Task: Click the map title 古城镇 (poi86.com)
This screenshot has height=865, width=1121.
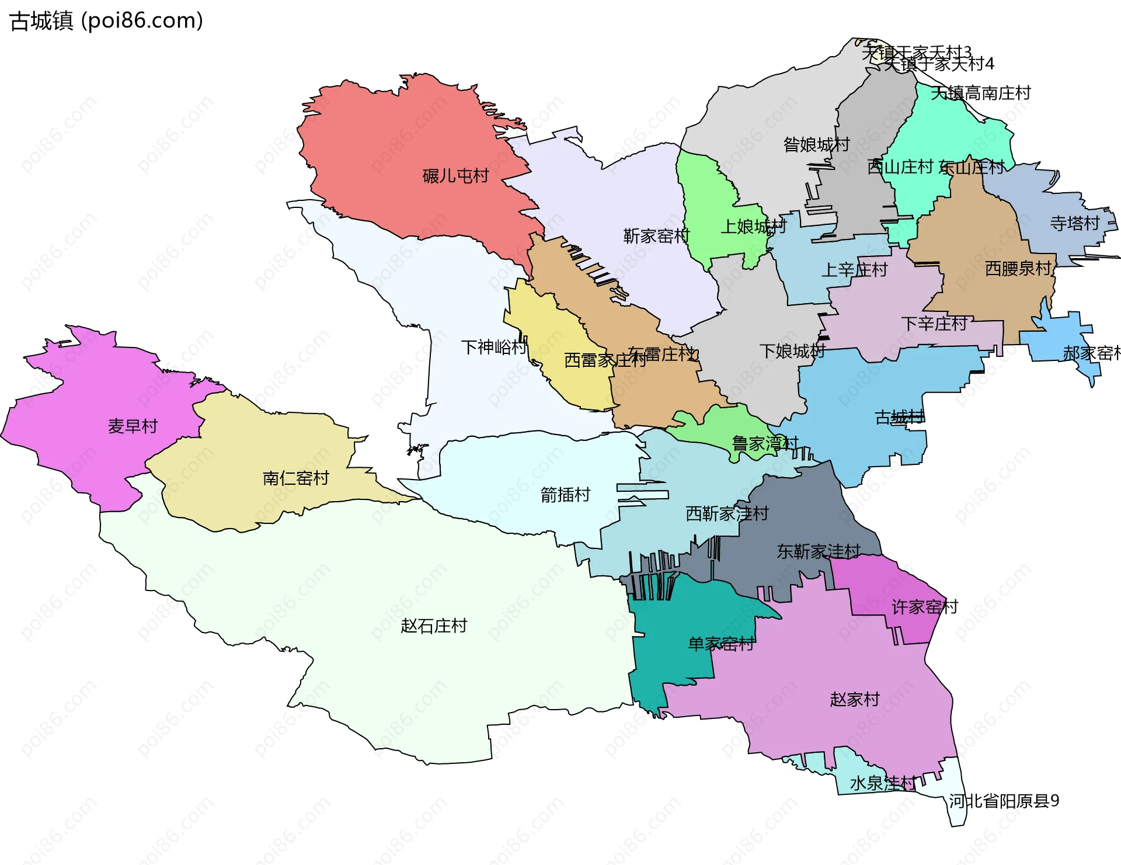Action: click(x=106, y=21)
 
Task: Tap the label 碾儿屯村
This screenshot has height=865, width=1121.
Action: click(x=455, y=176)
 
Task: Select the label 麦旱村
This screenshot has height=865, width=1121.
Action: click(x=133, y=426)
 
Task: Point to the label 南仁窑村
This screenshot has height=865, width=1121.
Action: click(x=295, y=478)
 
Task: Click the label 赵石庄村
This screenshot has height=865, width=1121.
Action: click(x=434, y=626)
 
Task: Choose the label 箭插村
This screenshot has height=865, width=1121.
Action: click(x=565, y=495)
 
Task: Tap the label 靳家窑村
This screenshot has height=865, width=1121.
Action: click(x=656, y=236)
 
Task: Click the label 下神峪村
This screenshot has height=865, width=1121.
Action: click(x=494, y=348)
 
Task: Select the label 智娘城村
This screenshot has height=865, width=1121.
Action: click(x=816, y=144)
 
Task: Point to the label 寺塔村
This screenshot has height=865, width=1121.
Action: click(x=1074, y=223)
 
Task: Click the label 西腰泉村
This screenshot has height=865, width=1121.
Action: click(x=1018, y=269)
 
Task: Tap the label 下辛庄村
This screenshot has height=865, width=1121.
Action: click(x=934, y=324)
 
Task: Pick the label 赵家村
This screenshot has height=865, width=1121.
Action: click(x=855, y=699)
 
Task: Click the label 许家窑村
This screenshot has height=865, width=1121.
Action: click(x=925, y=607)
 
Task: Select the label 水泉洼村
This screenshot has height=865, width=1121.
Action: click(x=883, y=783)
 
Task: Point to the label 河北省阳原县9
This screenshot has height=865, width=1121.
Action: click(x=1003, y=801)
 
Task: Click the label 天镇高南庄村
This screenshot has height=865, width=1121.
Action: click(x=980, y=93)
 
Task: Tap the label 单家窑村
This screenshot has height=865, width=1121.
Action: click(x=721, y=644)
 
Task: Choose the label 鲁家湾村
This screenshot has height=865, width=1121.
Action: click(x=765, y=444)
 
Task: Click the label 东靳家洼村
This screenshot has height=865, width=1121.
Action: click(x=819, y=551)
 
